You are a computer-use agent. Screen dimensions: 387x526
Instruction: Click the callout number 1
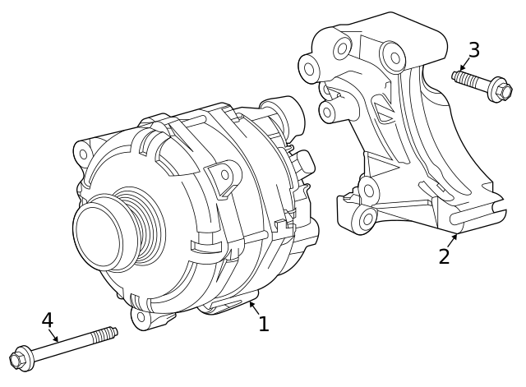pos(263,325)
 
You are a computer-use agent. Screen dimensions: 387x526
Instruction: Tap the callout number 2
pos(445,256)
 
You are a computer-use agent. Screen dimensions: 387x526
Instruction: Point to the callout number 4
pos(47,320)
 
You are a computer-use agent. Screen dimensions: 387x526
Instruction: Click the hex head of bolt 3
pos(500,89)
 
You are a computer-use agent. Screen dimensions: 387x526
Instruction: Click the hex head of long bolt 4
pos(21,359)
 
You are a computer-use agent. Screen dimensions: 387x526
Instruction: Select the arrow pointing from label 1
pos(252,306)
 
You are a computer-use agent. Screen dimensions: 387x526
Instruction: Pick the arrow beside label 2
pos(453,237)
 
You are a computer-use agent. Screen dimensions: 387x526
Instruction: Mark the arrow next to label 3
pos(464,67)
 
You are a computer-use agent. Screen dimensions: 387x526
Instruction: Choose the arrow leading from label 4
pos(54,337)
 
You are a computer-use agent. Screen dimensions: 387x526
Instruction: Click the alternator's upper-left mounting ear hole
pos(82,154)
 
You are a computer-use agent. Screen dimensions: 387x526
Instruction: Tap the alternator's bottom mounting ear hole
pos(141,316)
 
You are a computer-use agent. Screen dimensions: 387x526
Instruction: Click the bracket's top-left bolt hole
pos(310,67)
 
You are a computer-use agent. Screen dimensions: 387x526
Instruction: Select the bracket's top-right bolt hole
pos(394,58)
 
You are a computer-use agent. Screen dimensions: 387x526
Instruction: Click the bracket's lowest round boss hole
pos(367,219)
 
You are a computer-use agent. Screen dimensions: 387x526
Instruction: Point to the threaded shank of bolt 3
pos(469,80)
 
